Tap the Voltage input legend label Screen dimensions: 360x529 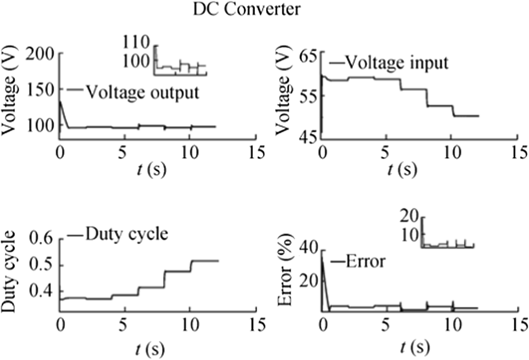(x=396, y=63)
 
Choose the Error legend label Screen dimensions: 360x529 (x=364, y=262)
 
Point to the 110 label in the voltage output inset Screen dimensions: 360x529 (x=138, y=42)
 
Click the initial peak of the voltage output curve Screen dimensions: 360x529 (x=60, y=101)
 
